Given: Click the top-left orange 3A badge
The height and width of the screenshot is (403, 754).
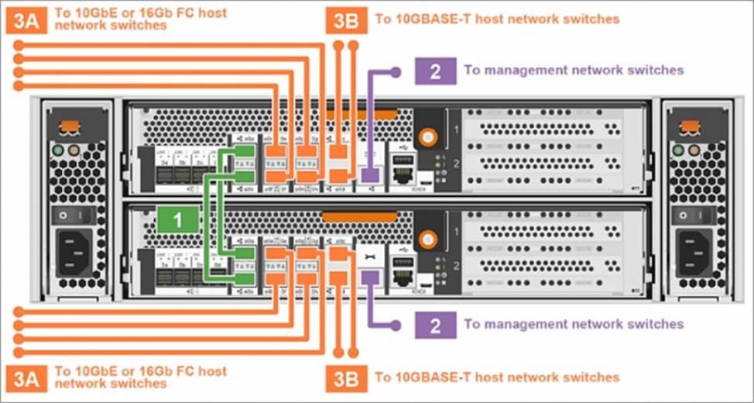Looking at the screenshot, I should (x=29, y=19).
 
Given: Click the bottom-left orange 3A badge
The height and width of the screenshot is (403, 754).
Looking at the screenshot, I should (x=29, y=377).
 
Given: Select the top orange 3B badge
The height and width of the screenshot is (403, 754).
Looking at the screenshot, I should (x=346, y=19).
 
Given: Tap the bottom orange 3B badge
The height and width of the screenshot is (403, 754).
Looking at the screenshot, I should (x=346, y=377).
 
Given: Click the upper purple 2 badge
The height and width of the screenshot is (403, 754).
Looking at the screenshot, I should (x=435, y=71).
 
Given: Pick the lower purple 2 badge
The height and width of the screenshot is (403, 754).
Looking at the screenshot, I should (x=435, y=323).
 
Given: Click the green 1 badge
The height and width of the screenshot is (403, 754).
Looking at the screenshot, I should (x=177, y=219).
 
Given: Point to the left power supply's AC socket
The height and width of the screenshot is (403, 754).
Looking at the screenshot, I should (x=73, y=250).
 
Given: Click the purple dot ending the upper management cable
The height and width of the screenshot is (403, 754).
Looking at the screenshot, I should (x=396, y=71).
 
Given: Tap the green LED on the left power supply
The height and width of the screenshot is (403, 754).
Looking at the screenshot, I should (x=57, y=150).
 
